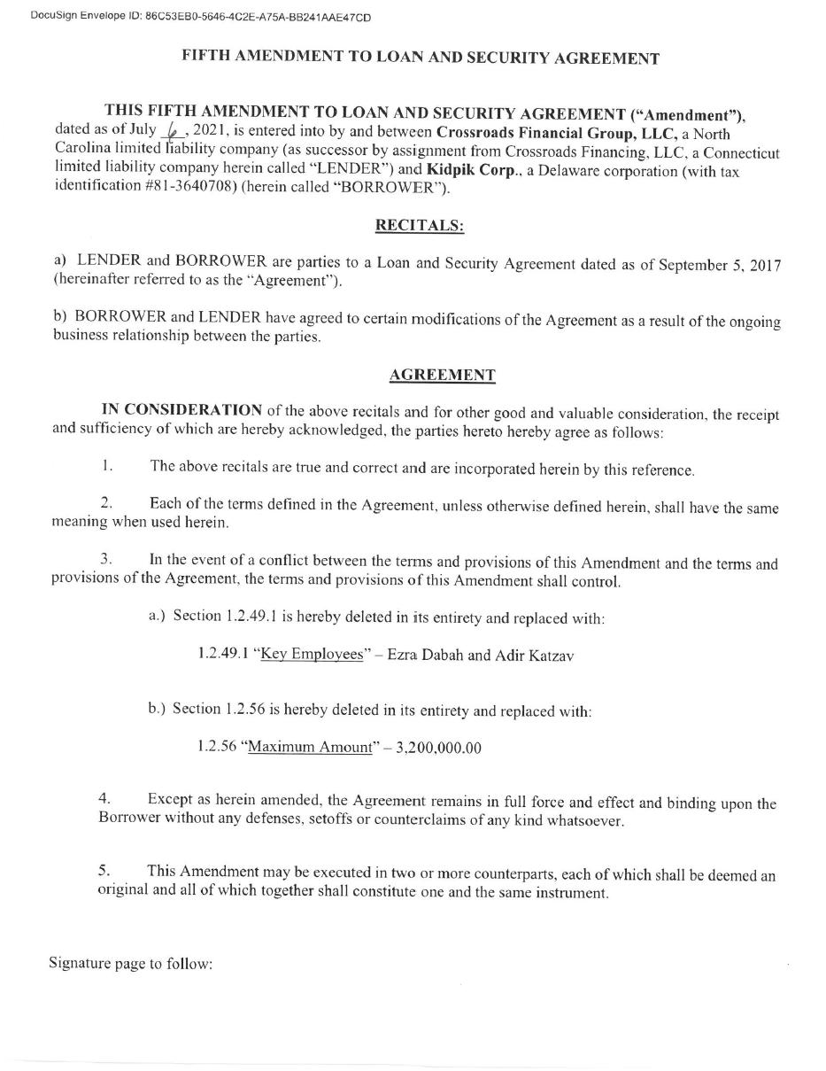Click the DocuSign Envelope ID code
click(258, 17)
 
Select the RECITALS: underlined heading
click(420, 225)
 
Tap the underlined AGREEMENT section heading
click(442, 375)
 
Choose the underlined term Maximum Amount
click(310, 747)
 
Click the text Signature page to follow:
click(131, 963)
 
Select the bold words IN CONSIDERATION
click(181, 410)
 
